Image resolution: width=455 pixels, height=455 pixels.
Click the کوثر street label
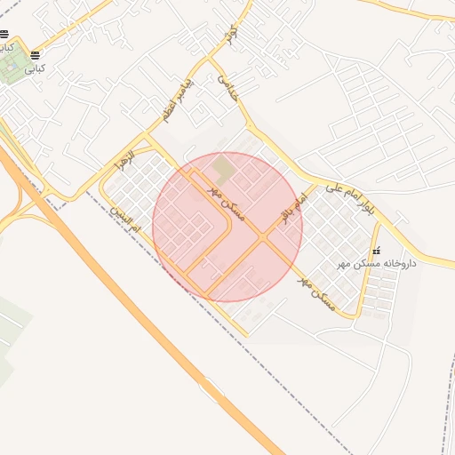click(x=233, y=35)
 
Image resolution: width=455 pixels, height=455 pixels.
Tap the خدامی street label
click(x=227, y=86)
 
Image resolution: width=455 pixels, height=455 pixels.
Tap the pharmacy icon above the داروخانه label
click(x=376, y=251)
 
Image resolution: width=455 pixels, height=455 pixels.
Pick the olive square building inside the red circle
click(x=223, y=166)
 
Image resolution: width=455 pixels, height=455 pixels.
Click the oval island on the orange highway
click(x=212, y=388)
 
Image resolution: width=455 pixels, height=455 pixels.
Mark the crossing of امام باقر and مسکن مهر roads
click(x=264, y=238)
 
